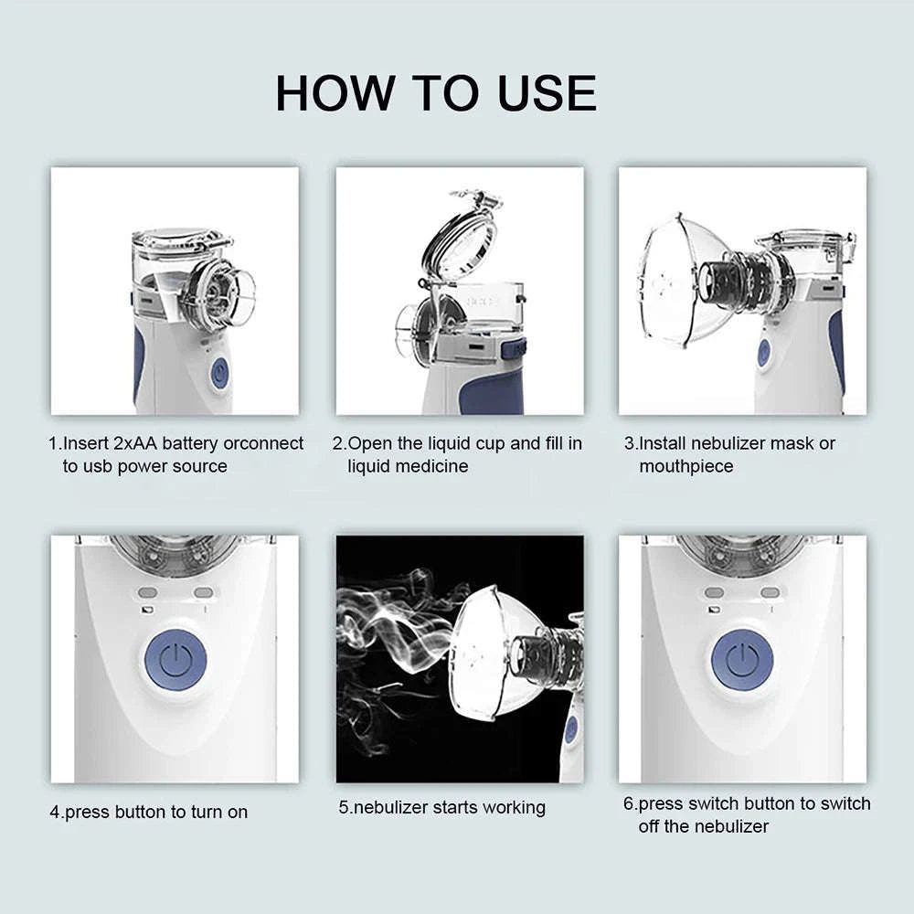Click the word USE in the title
(x=547, y=93)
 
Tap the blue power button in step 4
(x=175, y=659)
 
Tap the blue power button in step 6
(x=742, y=659)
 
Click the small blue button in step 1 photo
(x=218, y=373)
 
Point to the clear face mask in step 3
(x=681, y=278)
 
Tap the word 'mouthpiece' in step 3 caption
(x=685, y=466)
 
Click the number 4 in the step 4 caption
(x=54, y=812)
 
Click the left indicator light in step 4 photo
(x=149, y=592)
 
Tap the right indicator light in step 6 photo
(x=770, y=592)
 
